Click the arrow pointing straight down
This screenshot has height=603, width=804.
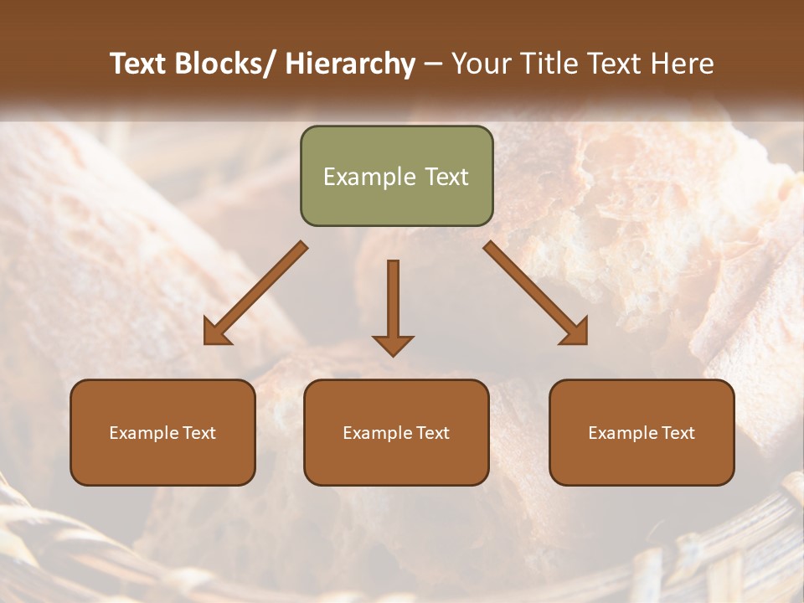click(393, 306)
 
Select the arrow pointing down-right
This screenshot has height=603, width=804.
click(536, 293)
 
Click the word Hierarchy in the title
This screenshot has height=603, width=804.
click(350, 64)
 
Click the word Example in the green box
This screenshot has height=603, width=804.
click(369, 177)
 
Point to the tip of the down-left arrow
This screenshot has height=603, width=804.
click(206, 343)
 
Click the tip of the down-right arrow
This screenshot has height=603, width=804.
click(585, 343)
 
